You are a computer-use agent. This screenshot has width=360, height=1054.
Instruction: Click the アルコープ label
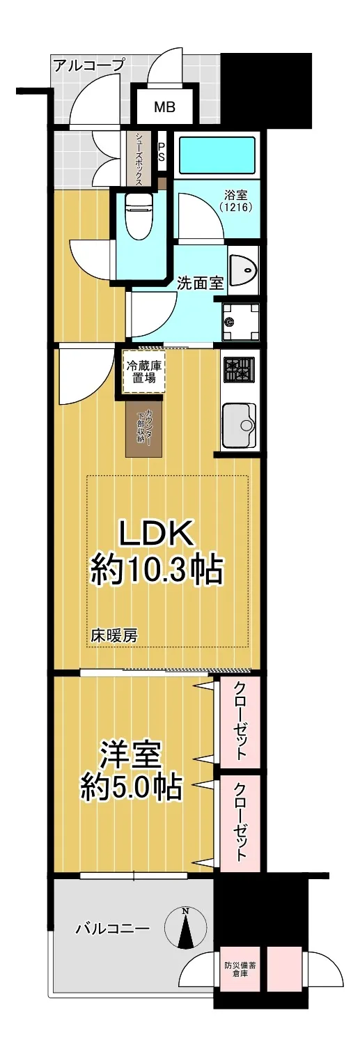[x=89, y=65]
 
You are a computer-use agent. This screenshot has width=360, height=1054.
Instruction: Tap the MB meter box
[x=165, y=107]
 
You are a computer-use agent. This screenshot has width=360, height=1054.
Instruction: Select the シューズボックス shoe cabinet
[x=139, y=159]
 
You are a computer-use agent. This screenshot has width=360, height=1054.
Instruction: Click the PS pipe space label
[x=161, y=152]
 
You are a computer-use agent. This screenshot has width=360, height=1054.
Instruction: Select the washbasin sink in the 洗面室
[x=243, y=270]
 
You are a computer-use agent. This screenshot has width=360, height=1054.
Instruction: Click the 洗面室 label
[x=200, y=284]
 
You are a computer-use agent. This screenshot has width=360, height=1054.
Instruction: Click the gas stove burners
[x=240, y=371]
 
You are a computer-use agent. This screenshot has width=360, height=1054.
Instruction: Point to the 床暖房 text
[x=114, y=637]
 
